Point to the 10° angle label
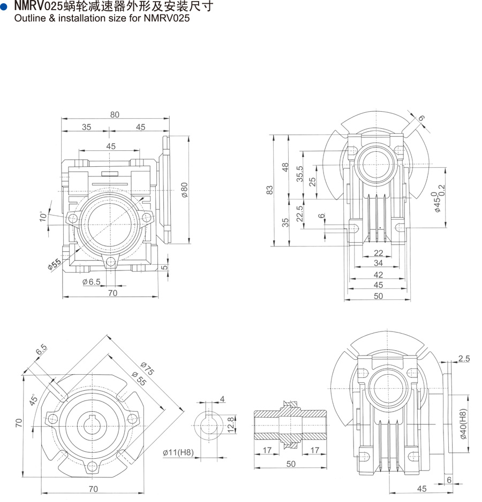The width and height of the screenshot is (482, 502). (x=42, y=217)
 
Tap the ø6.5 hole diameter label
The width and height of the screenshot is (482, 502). (x=92, y=282)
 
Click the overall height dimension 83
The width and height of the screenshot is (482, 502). (x=270, y=190)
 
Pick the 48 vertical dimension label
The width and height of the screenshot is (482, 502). (x=286, y=167)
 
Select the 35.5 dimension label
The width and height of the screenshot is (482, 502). (x=301, y=175)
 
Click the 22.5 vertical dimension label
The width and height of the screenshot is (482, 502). (x=301, y=214)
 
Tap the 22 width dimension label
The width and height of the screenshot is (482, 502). (x=378, y=253)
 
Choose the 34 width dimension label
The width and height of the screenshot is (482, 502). (x=378, y=263)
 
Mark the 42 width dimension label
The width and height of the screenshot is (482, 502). (x=378, y=274)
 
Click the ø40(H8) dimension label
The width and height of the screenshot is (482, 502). (x=464, y=424)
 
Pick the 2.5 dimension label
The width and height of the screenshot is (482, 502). (x=464, y=359)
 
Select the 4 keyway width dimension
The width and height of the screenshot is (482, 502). (x=222, y=398)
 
